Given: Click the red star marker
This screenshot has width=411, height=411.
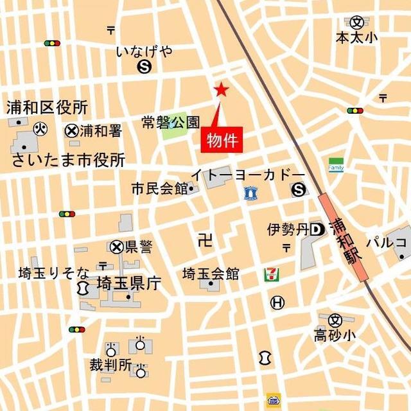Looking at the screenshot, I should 221,90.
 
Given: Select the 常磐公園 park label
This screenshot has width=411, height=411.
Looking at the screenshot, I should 171,122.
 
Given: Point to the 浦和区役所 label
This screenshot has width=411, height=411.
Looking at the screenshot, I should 47,107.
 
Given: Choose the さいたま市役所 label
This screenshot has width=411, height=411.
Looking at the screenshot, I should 68,160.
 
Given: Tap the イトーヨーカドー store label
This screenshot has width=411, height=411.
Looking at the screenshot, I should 247,175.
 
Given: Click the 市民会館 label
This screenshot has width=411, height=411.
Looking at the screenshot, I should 159,189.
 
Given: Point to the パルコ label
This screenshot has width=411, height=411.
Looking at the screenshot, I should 387,242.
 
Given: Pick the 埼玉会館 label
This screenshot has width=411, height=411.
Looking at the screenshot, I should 211,274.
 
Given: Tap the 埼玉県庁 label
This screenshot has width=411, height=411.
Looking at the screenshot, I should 128,283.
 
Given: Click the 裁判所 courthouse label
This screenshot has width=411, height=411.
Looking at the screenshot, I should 110,366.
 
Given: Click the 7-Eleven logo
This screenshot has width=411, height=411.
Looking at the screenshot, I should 270,275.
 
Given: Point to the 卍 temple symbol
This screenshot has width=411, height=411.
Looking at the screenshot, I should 205,241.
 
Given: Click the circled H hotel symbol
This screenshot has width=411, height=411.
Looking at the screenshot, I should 277,302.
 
